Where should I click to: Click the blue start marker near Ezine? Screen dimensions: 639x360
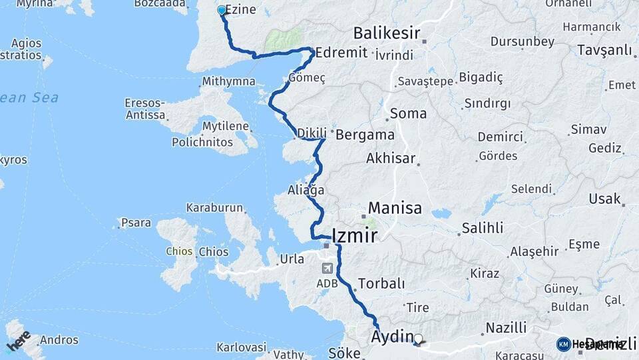(222, 11)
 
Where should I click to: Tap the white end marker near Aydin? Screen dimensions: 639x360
(419, 339)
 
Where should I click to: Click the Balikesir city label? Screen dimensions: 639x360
(387, 33)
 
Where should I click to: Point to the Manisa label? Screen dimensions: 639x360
(395, 208)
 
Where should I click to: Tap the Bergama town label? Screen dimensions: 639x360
(365, 135)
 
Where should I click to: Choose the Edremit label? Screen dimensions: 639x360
(341, 53)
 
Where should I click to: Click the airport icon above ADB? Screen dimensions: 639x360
(327, 268)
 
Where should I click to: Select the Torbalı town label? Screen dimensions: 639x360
(381, 283)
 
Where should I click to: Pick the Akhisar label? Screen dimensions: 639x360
(391, 159)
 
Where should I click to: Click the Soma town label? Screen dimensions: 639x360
(408, 113)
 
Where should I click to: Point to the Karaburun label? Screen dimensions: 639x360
(214, 207)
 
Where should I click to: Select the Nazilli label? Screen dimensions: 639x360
(506, 327)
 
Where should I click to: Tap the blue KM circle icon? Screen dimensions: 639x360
(563, 344)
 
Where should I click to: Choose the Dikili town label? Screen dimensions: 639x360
(312, 133)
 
